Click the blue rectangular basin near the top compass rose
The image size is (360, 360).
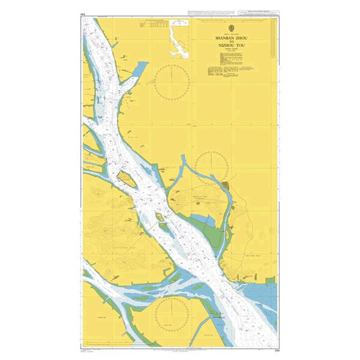point(137,73)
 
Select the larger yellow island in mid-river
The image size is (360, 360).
point(126,178)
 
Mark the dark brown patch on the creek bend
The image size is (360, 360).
point(225,186)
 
